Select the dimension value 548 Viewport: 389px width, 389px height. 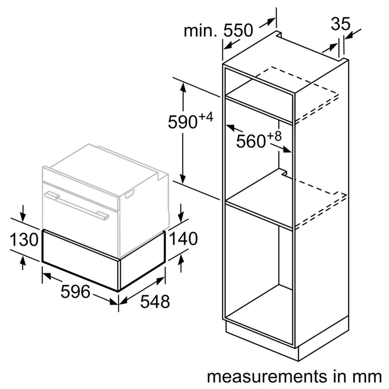[x=155, y=301]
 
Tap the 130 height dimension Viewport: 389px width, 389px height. [x=24, y=239]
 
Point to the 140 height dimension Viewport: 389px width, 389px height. [x=183, y=238]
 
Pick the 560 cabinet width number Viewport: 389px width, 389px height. [x=251, y=141]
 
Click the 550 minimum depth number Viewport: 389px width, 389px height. [x=238, y=30]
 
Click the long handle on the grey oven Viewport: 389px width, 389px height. [x=78, y=204]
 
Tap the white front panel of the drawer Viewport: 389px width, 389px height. [x=80, y=260]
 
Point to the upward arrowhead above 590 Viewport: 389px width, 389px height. [x=183, y=87]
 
